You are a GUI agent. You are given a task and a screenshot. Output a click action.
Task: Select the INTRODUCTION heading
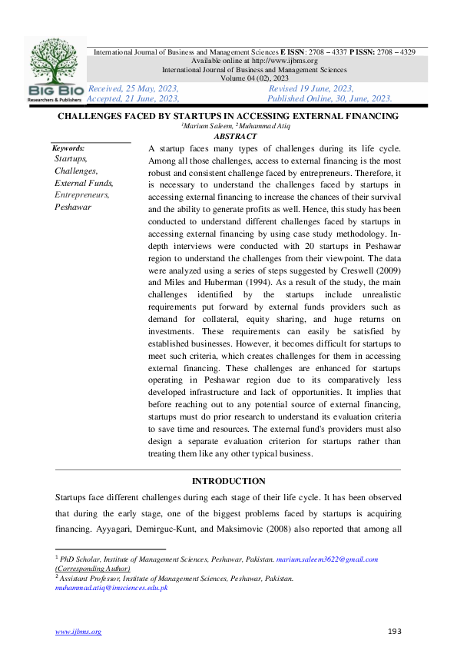228,481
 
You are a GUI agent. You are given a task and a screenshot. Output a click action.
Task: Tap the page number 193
394,631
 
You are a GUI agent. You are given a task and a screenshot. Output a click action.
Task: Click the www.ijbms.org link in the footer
78,632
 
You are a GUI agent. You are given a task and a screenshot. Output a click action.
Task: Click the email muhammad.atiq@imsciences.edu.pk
111,587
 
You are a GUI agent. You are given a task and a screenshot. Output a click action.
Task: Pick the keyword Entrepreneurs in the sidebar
81,194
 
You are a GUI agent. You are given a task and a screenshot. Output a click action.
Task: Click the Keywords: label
68,148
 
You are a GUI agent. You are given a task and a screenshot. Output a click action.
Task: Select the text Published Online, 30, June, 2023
330,98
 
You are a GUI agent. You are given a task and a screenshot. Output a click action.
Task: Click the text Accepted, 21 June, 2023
133,98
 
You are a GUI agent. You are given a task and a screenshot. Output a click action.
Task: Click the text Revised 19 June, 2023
310,89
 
